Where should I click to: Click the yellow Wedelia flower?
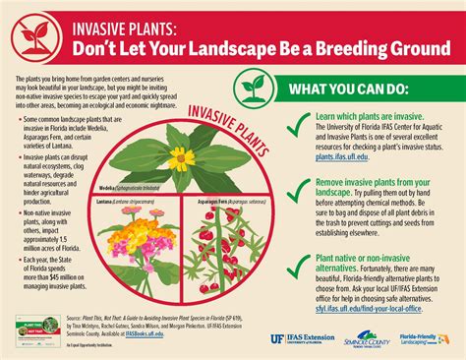point(180,157)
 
